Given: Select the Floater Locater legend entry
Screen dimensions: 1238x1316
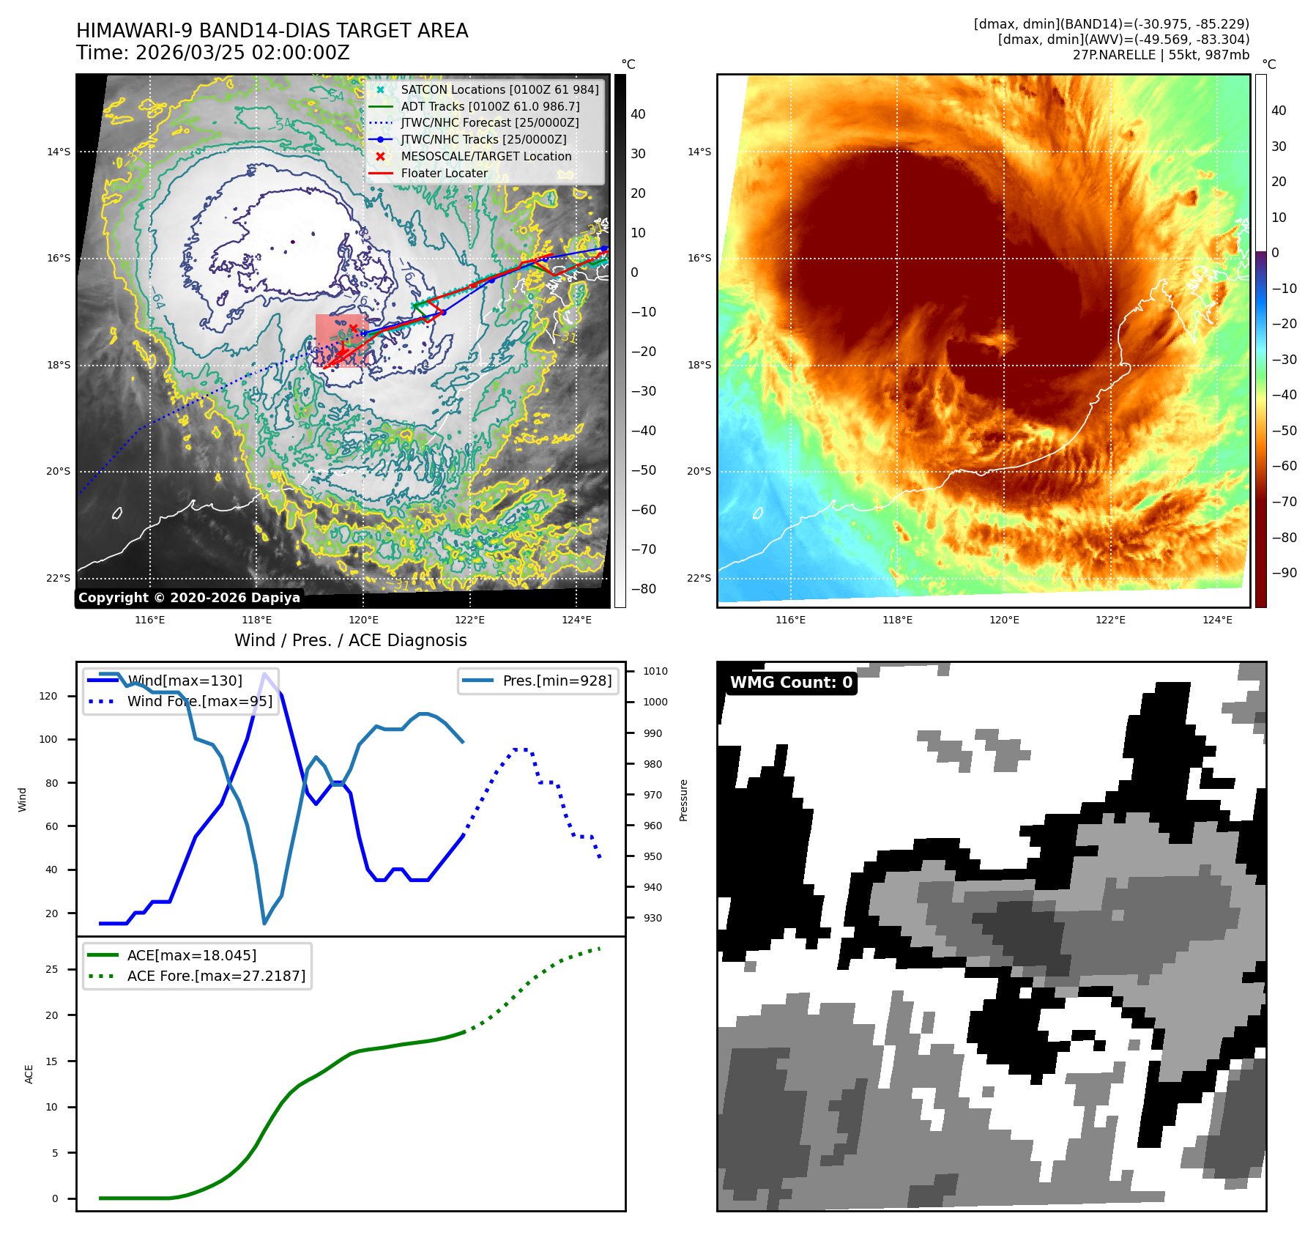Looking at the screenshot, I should click(x=444, y=173).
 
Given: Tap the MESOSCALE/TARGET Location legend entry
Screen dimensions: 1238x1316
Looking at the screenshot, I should click(x=486, y=156).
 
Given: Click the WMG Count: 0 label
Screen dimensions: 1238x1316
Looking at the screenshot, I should click(x=791, y=682).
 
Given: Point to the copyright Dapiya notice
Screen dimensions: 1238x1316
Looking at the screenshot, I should click(x=189, y=597).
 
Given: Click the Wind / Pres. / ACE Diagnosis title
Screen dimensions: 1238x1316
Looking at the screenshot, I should click(x=350, y=640).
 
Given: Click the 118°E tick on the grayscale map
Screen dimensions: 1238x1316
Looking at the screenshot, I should click(x=256, y=620).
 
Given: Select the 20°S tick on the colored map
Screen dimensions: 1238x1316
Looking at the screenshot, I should click(x=699, y=471).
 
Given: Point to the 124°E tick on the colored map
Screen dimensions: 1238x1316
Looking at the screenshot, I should click(x=1217, y=620).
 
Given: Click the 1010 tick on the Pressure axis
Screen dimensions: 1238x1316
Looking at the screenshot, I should click(x=655, y=671).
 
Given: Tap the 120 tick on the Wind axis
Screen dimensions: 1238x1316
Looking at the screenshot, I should click(x=48, y=696).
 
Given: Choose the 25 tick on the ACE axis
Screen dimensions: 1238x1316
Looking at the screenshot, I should click(x=51, y=969).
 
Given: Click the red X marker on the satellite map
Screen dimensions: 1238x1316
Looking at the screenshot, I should click(x=354, y=329).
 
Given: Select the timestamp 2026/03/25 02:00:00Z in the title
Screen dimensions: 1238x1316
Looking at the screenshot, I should click(x=242, y=53).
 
